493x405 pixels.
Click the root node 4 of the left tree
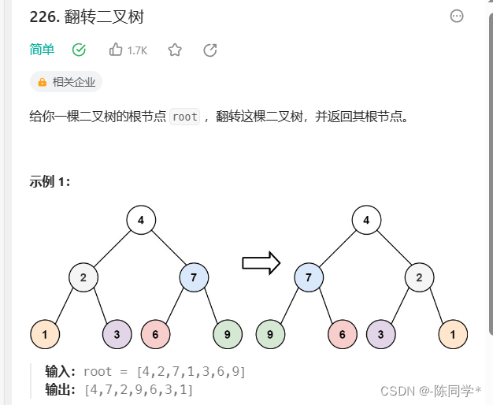tap(141, 220)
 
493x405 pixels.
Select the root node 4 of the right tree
tap(366, 220)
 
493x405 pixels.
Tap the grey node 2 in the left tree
tap(83, 277)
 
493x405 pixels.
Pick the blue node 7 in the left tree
tap(194, 277)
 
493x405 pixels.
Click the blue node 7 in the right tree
tap(309, 277)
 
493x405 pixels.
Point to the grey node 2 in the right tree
tap(420, 277)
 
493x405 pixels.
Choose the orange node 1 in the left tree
tap(45, 334)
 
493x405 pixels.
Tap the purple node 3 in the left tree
tap(117, 334)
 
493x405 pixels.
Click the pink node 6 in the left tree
tap(155, 334)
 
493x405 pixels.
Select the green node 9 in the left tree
tap(228, 334)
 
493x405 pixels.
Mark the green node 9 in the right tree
tap(271, 334)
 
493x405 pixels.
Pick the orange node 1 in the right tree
tap(453, 334)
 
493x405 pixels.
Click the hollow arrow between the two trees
tap(261, 263)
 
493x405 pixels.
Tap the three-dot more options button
tap(456, 16)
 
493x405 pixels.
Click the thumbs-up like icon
tap(116, 50)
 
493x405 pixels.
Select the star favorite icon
tap(175, 50)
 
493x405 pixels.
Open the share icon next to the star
tap(210, 50)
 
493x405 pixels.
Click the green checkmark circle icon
tap(79, 50)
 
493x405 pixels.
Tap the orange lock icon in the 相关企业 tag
tap(43, 81)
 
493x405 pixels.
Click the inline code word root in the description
tap(185, 117)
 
